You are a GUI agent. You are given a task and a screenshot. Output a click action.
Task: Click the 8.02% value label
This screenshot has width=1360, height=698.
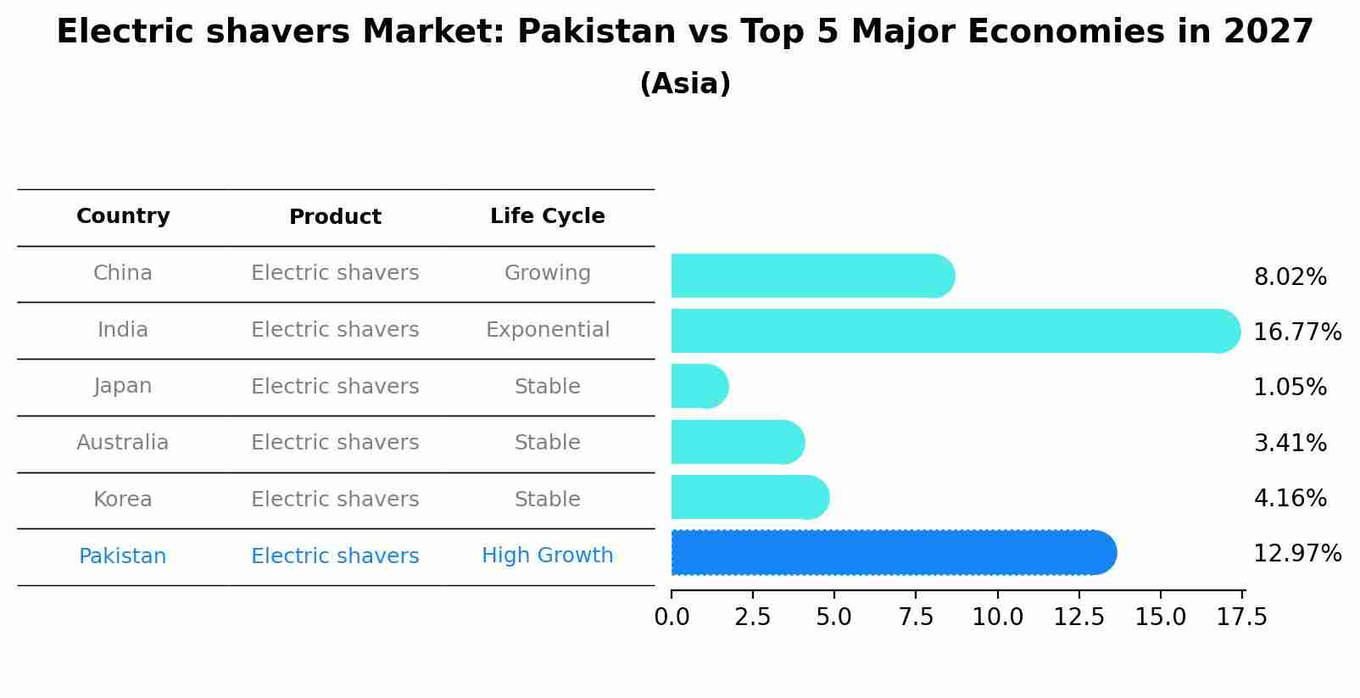[x=1290, y=277]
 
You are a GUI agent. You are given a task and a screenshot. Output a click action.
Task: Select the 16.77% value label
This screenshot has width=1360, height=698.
[x=1296, y=332]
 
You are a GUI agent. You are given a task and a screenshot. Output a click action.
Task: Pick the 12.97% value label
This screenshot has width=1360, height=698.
[x=1296, y=554]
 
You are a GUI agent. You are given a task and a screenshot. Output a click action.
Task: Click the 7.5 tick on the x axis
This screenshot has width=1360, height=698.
[x=916, y=617]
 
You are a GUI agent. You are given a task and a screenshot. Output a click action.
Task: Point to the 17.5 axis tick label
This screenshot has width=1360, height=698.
[x=1242, y=617]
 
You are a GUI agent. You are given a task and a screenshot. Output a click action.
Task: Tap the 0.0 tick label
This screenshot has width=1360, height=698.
[x=672, y=617]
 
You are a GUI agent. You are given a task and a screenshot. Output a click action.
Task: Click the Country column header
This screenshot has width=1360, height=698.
[x=123, y=216]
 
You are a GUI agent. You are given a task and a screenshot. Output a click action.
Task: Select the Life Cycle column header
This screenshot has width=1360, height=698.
[x=547, y=216]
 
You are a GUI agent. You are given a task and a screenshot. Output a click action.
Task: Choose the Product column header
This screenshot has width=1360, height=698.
[x=335, y=217]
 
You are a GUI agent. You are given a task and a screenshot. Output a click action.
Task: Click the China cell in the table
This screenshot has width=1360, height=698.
[x=123, y=273]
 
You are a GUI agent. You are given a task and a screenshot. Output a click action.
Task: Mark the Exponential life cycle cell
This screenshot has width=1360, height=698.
[x=547, y=330]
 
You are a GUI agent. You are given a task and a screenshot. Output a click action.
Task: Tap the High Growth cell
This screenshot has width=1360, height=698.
[x=547, y=556]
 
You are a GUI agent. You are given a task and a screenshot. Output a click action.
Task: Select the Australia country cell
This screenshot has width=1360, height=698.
[x=123, y=443]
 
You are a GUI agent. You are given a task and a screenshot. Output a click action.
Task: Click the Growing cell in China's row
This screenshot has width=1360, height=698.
[x=547, y=273]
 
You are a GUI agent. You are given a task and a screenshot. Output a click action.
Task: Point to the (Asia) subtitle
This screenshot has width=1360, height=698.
[x=685, y=84]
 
